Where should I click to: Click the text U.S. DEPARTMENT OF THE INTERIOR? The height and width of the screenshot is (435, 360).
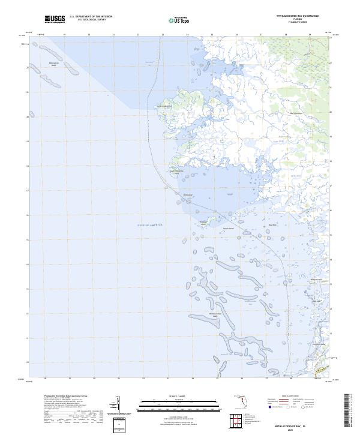point(91,17)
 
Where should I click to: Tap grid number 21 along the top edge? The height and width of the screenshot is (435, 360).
point(113,35)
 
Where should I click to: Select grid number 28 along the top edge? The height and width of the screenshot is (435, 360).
point(286,35)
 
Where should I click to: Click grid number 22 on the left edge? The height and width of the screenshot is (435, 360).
point(28,68)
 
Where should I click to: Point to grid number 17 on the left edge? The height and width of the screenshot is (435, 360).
point(28,191)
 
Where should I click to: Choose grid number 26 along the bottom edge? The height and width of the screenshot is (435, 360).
point(242,379)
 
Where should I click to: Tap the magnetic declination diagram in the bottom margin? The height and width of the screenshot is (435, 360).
point(115,404)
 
